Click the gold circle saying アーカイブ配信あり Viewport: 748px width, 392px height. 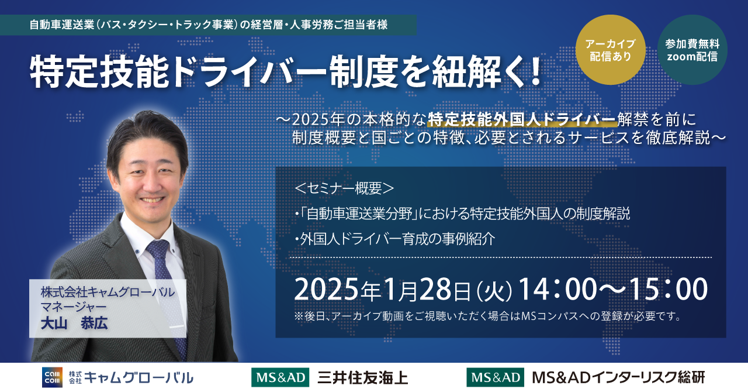(611, 50)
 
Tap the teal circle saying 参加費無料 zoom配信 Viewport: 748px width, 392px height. (692, 50)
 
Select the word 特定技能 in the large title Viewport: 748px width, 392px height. (99, 72)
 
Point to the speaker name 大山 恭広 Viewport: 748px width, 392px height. (74, 324)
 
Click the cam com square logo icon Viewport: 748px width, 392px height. (52, 377)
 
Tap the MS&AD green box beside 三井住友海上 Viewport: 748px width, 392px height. (280, 377)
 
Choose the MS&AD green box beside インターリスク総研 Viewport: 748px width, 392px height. (495, 377)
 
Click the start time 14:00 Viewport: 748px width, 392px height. (557, 289)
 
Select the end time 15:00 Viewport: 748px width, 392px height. (668, 289)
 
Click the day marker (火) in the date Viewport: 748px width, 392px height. (494, 291)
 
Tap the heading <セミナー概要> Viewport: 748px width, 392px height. (344, 188)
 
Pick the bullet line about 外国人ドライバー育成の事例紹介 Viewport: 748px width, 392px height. (394, 239)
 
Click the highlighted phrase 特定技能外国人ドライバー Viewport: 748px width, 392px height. (522, 120)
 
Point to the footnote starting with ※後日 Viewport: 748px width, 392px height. (488, 316)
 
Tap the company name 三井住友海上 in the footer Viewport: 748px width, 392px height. (362, 378)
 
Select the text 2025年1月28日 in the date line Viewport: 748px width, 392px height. (383, 290)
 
